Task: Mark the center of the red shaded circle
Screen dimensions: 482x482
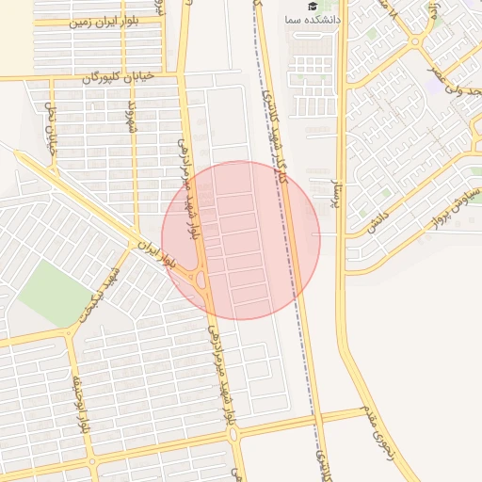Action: [x=241, y=240]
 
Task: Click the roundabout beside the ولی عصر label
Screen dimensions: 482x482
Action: [x=414, y=42]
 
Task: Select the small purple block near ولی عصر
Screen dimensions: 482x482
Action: [x=431, y=86]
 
